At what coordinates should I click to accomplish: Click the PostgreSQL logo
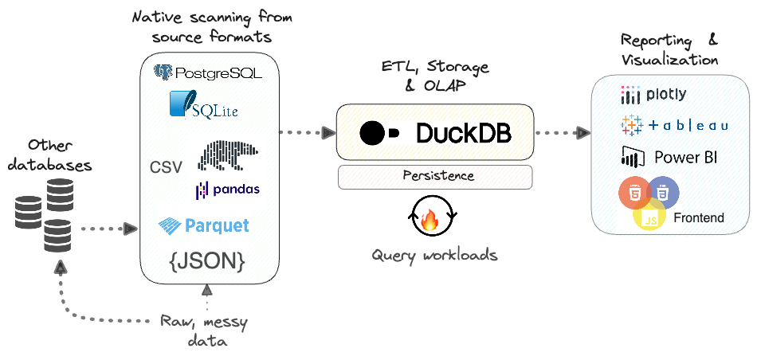pyautogui.click(x=207, y=74)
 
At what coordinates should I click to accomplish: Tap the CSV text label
pyautogui.click(x=166, y=167)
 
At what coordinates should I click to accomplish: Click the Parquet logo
pyautogui.click(x=204, y=225)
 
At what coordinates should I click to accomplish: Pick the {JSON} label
pyautogui.click(x=206, y=260)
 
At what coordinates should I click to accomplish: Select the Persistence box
pyautogui.click(x=434, y=176)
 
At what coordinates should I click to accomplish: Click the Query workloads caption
pyautogui.click(x=434, y=255)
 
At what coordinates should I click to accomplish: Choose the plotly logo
pyautogui.click(x=653, y=96)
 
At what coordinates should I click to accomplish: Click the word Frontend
pyautogui.click(x=699, y=217)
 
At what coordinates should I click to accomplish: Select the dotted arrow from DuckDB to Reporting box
pyautogui.click(x=561, y=133)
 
